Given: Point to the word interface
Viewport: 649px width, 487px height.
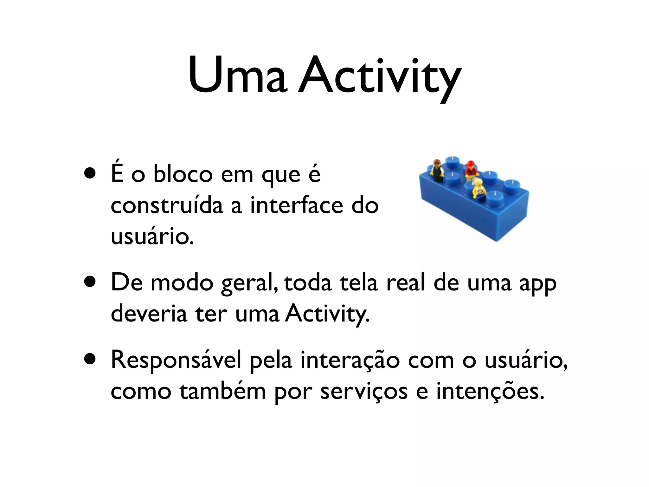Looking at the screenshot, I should [297, 205].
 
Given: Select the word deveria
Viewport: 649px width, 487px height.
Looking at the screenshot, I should [149, 313].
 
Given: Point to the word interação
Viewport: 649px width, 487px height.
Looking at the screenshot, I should [350, 360].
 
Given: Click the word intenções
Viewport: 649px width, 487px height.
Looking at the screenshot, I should [490, 392].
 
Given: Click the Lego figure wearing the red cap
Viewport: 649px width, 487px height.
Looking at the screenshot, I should [471, 170].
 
